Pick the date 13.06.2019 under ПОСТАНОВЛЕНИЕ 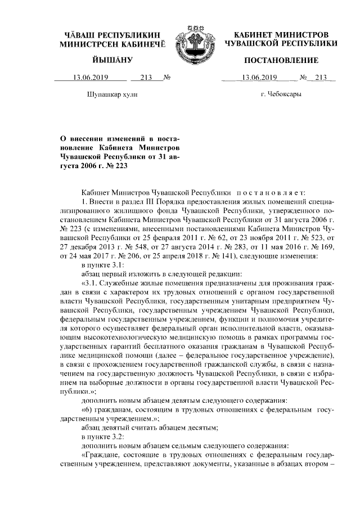pyautogui.click(x=260, y=78)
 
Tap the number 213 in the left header pyautogui.click(x=147, y=78)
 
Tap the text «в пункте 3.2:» pyautogui.click(x=103, y=436)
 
